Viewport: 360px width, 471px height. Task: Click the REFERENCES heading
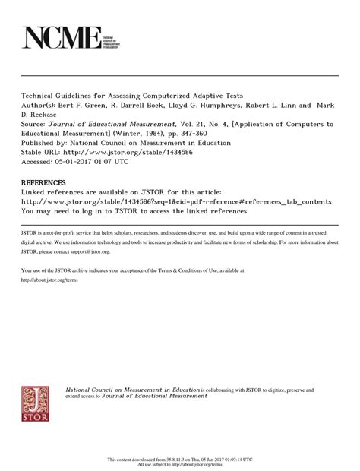tap(44, 183)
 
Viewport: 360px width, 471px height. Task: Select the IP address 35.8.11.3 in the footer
tap(174, 460)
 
